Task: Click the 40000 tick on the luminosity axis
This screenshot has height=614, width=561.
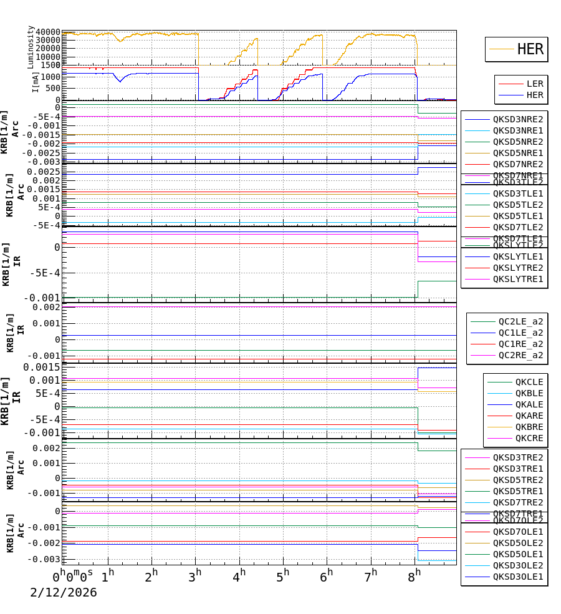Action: tap(48, 32)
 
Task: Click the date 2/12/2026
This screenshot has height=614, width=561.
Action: tap(64, 592)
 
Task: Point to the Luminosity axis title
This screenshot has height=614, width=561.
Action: tap(31, 47)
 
